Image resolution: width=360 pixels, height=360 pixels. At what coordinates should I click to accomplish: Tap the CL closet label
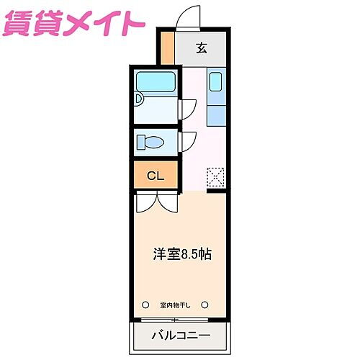point(156,176)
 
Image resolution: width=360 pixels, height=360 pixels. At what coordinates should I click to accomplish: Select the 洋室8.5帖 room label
point(181,255)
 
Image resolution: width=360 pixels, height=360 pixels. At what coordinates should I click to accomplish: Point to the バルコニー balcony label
point(181,336)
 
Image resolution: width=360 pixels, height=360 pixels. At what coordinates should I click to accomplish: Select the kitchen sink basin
point(216,83)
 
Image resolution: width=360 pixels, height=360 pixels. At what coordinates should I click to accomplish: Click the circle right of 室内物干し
point(205,304)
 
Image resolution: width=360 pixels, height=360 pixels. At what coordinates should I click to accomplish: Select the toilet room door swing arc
point(186,140)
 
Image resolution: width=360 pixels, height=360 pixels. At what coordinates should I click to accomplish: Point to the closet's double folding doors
point(156,202)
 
